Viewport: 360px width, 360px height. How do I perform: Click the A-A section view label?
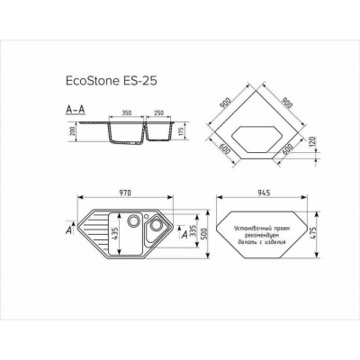(x=76, y=107)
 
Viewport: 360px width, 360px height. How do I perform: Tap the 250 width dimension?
(x=158, y=114)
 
